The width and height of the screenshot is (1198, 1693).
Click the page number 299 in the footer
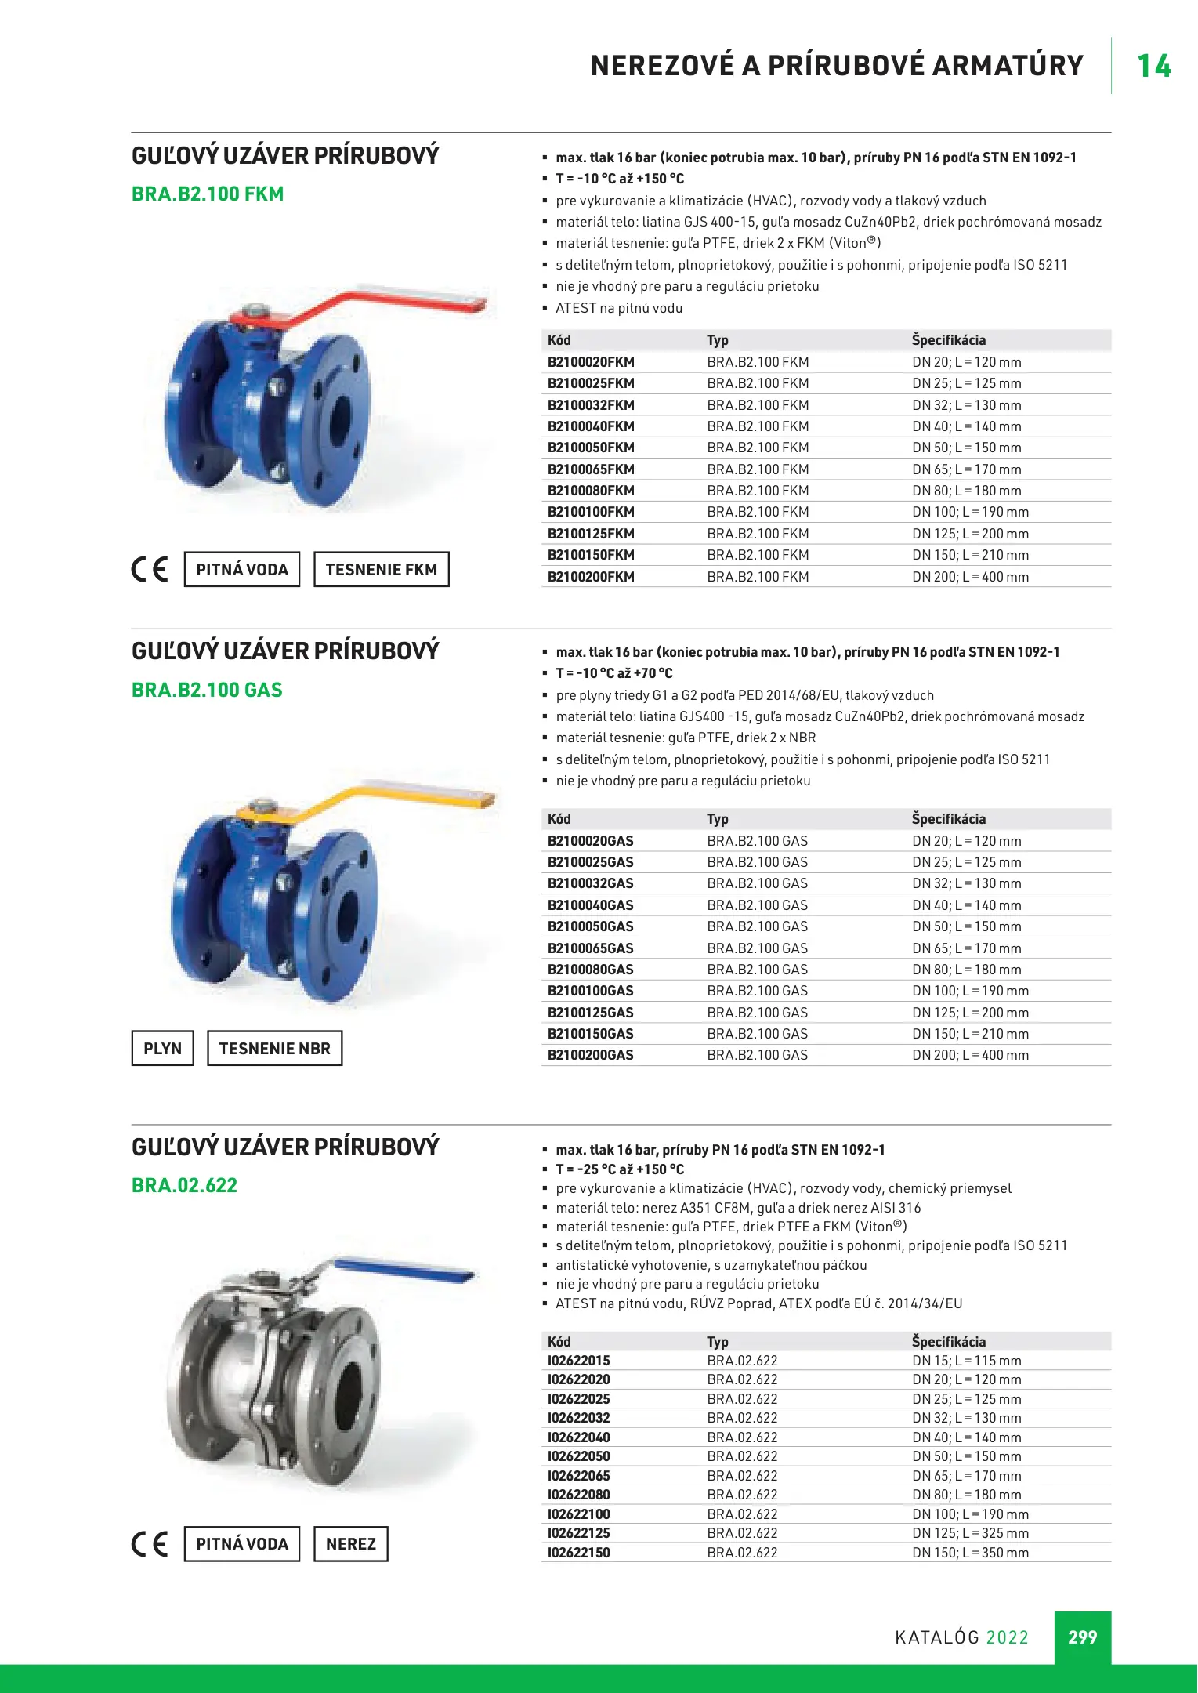(x=1082, y=1637)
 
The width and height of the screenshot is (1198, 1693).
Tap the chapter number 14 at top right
(x=1153, y=66)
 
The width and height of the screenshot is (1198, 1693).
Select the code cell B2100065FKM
(x=591, y=469)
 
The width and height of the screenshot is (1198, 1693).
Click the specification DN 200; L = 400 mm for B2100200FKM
(x=970, y=577)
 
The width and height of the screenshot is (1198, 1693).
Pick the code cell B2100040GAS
(x=590, y=905)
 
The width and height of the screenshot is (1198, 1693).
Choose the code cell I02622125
(x=578, y=1533)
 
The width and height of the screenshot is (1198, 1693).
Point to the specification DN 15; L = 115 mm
(x=966, y=1361)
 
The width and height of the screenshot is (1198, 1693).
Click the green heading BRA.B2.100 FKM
(x=208, y=194)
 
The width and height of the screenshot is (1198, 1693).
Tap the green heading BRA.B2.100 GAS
(x=207, y=690)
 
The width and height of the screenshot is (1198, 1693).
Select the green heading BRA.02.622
(x=184, y=1185)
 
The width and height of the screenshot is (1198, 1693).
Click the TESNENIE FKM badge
(x=382, y=570)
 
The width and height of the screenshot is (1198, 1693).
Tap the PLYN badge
(x=162, y=1049)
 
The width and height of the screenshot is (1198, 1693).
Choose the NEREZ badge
(x=350, y=1544)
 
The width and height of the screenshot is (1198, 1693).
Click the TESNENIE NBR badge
(x=274, y=1049)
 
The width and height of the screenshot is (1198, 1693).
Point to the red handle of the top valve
(x=368, y=306)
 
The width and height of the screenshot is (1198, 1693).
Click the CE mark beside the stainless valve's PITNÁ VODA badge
(x=150, y=1544)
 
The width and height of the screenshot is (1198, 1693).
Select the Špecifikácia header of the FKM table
(x=948, y=340)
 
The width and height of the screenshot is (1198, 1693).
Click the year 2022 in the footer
(x=1007, y=1637)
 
